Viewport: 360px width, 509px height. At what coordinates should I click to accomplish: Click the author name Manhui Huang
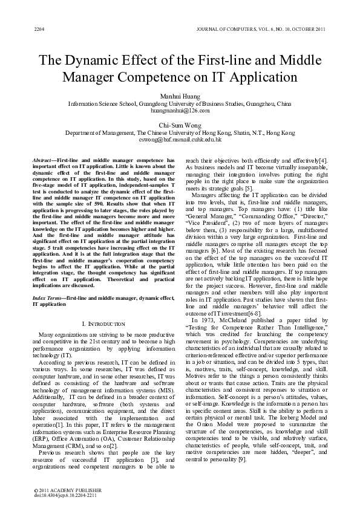pos(180,96)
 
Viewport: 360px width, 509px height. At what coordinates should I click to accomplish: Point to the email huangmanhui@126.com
pos(180,111)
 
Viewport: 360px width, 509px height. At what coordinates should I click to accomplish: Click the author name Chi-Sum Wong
pos(180,125)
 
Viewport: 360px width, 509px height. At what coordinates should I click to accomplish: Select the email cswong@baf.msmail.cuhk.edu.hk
pos(180,140)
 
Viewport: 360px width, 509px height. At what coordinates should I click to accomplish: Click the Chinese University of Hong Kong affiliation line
pos(180,133)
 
